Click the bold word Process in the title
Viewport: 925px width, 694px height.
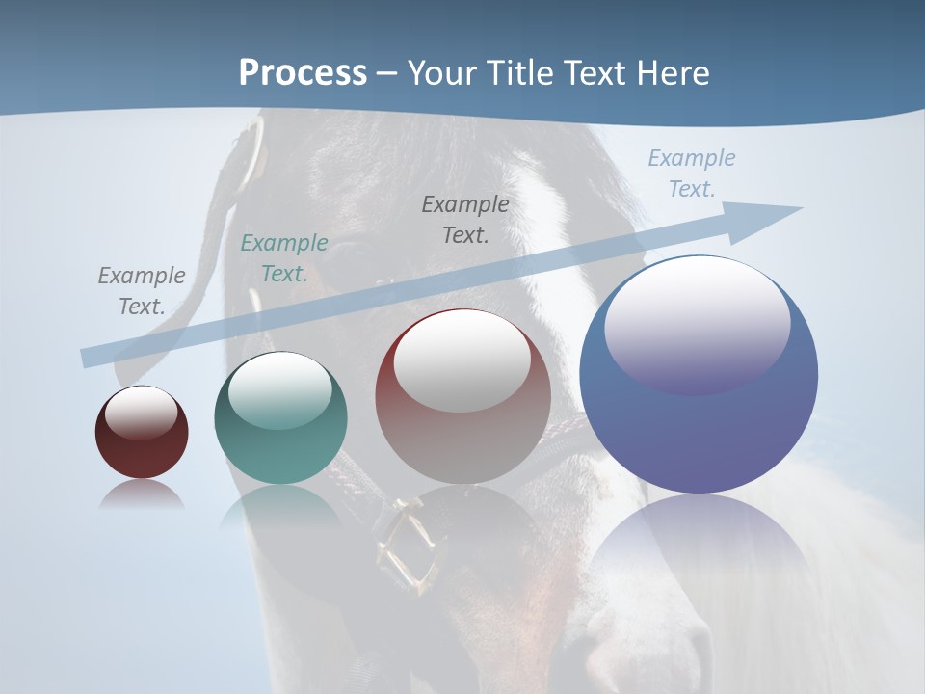click(303, 73)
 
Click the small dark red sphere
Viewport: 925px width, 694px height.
click(142, 433)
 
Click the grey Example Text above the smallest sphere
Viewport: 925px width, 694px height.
click(142, 291)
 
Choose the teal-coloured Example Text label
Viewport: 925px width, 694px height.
click(284, 258)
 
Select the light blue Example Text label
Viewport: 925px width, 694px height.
click(692, 173)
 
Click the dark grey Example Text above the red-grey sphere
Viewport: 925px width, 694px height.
click(465, 219)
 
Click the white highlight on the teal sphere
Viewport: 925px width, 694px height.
click(279, 389)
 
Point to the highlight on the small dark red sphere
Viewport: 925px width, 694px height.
click(141, 413)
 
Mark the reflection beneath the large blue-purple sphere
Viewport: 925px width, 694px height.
click(699, 549)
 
